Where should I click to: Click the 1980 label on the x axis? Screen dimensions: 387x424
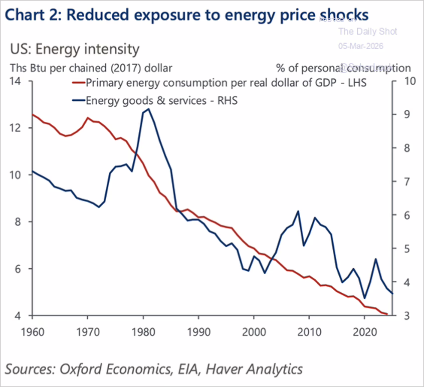[x=143, y=331]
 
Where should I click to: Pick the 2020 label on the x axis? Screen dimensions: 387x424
[x=364, y=331]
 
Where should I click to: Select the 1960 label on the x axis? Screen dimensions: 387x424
[x=32, y=331]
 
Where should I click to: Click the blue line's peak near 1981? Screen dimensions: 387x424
[x=148, y=109]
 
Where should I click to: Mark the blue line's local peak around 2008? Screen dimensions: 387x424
[x=298, y=211]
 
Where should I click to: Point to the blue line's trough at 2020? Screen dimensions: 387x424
[x=364, y=298]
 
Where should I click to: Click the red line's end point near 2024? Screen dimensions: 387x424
[x=386, y=314]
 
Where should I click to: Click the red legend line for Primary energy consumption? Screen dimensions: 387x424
[x=78, y=83]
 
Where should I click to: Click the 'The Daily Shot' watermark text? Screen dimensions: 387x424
[x=367, y=32]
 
